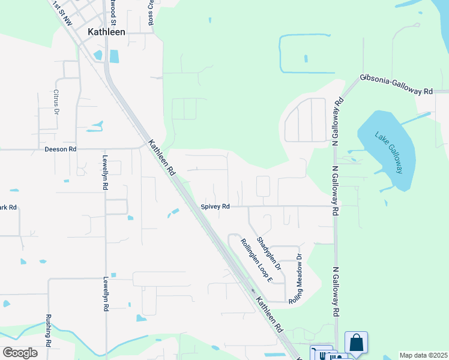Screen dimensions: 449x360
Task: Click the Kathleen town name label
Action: click(106, 32)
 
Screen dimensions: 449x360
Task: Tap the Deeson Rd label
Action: click(61, 149)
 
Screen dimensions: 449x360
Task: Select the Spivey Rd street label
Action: click(215, 206)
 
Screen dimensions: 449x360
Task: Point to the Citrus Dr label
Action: click(56, 102)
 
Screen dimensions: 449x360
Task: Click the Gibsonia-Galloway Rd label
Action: click(396, 85)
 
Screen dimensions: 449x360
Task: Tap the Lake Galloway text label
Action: click(389, 152)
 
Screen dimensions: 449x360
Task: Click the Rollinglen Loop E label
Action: click(257, 260)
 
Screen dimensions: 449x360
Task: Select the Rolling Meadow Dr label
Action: click(296, 277)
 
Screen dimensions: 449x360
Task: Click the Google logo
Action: click(20, 352)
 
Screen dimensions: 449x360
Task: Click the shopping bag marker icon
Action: click(356, 343)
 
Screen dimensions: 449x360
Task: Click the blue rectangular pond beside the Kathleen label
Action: click(113, 56)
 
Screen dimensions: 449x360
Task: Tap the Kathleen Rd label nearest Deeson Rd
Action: click(161, 157)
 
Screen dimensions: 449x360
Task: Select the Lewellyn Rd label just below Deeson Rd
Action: click(105, 173)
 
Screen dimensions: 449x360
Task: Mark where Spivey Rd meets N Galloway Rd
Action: click(335, 206)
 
